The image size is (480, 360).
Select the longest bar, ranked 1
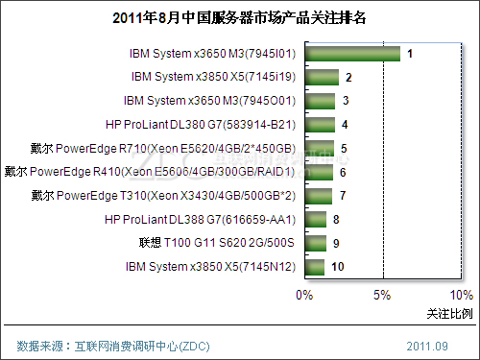coord(352,54)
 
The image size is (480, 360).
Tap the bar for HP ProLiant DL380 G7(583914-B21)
coord(320,124)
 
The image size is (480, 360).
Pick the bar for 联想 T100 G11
coord(317,244)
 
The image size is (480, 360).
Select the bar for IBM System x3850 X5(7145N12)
coord(316,267)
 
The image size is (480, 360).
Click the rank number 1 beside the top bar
coord(410,54)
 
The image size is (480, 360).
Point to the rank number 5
coord(344,149)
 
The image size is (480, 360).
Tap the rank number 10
coord(338,268)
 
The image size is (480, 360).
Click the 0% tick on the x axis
coord(304,295)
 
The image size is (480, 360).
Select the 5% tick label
coord(383,295)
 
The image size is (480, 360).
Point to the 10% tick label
coord(460,295)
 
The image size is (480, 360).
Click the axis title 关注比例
coord(449,314)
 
